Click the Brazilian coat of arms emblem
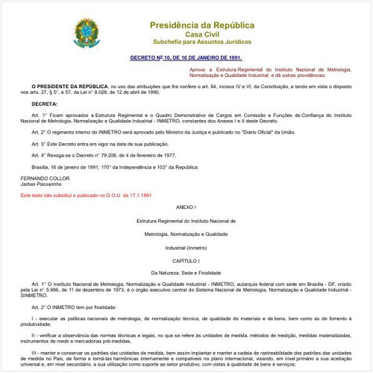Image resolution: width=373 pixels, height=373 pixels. [84, 32]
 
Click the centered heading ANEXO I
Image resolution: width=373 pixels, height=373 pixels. [186, 206]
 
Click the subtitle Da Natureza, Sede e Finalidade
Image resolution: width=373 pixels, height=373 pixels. [186, 273]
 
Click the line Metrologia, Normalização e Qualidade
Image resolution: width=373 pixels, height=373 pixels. [186, 233]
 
